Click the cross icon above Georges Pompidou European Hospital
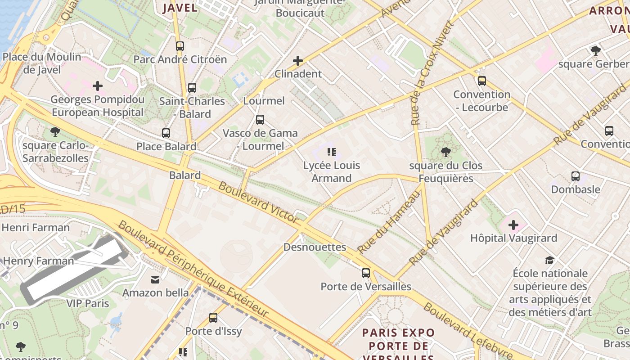[x=98, y=85]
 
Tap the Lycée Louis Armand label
[x=332, y=171]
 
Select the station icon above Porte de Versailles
[x=366, y=273]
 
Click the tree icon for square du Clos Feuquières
[x=445, y=152]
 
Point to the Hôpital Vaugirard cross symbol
[x=513, y=225]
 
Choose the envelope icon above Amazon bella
[x=155, y=280]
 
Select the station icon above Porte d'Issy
[x=213, y=318]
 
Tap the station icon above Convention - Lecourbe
[x=482, y=81]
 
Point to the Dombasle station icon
[x=576, y=176]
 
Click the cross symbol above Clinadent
[x=298, y=60]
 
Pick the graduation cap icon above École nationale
[x=550, y=260]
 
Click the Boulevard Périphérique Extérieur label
[x=193, y=269]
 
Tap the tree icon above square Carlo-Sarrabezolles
[x=55, y=132]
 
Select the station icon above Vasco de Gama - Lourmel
[x=260, y=120]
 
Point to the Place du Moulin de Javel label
[x=42, y=63]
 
